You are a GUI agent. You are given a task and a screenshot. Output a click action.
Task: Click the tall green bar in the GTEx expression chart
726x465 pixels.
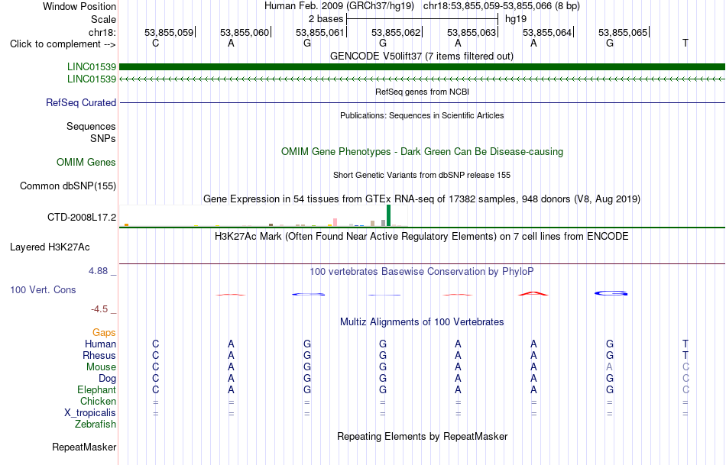tap(388, 215)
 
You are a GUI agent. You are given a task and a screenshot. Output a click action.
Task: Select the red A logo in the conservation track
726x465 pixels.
tap(533, 293)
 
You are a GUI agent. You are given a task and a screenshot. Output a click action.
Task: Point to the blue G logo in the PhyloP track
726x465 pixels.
tap(611, 293)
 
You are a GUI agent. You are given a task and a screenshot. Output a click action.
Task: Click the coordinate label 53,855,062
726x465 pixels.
tap(396, 32)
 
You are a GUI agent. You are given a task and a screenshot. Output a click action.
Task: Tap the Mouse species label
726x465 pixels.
tap(101, 367)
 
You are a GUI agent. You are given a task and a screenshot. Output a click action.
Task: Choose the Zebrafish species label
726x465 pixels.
tap(96, 425)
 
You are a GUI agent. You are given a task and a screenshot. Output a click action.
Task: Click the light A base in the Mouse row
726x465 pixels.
tap(609, 367)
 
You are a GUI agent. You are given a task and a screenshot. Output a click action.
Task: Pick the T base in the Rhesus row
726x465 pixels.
tap(685, 355)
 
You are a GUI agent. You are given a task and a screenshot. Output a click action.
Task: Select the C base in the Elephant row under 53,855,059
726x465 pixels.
tap(156, 389)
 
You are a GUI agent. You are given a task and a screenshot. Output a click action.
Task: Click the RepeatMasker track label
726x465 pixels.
tap(84, 447)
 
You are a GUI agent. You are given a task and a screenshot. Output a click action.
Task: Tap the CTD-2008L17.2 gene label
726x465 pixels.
tap(82, 217)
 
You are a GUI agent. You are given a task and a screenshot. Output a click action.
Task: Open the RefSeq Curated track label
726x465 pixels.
tap(81, 103)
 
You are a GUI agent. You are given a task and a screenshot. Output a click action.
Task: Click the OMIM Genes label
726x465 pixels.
tap(86, 163)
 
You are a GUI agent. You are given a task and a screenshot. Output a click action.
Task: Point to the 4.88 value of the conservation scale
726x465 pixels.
tap(98, 271)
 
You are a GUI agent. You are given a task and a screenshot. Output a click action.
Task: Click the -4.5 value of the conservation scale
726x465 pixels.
tap(100, 309)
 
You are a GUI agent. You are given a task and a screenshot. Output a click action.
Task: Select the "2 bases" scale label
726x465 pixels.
tap(326, 19)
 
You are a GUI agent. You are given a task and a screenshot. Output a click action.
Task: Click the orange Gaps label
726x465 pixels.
tap(104, 333)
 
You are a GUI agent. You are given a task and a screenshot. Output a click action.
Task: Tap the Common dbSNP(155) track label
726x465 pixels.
tap(67, 186)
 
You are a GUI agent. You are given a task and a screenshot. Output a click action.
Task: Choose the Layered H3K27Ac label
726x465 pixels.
tap(50, 247)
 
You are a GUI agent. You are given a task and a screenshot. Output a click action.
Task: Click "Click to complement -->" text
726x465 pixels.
tap(63, 44)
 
